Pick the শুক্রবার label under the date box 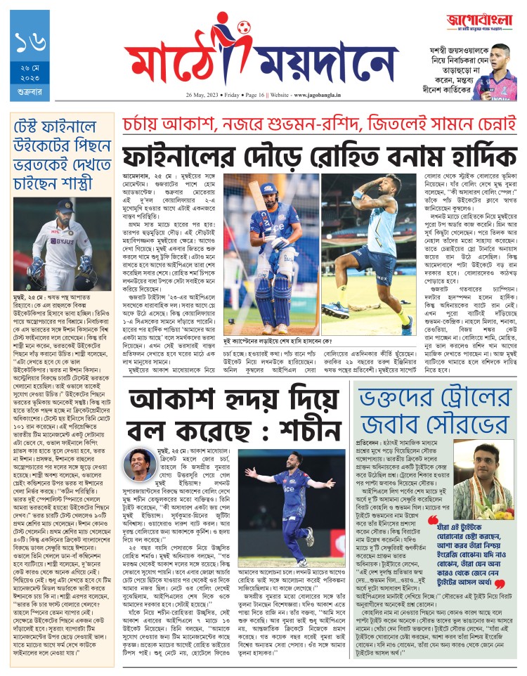pos(29,92)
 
